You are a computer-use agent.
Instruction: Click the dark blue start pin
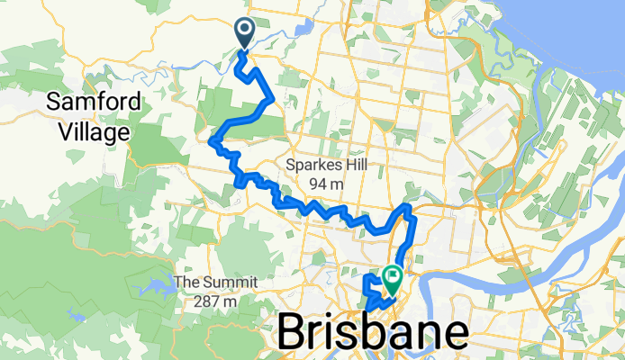(245, 32)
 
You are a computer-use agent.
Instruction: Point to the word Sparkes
(312, 165)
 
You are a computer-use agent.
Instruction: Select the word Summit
(222, 283)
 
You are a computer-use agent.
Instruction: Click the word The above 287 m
(187, 283)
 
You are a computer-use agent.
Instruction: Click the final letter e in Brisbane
(453, 333)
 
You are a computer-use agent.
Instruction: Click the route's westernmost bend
(212, 140)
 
